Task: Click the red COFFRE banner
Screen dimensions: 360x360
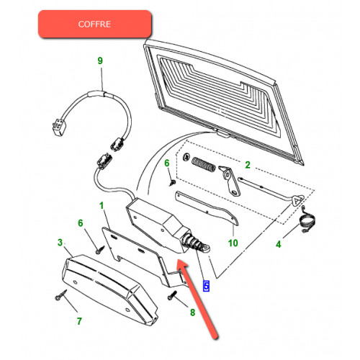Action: (x=95, y=24)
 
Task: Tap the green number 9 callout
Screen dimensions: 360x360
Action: (x=100, y=60)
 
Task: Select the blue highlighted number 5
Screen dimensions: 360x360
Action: (x=206, y=286)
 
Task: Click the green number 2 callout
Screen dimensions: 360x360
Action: (x=248, y=165)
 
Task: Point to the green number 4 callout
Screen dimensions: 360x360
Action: (x=279, y=244)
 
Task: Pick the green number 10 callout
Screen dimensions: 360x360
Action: (x=233, y=243)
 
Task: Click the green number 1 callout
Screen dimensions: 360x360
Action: (x=102, y=205)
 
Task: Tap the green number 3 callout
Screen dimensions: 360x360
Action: (x=60, y=243)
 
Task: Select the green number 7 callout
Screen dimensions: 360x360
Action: (x=79, y=321)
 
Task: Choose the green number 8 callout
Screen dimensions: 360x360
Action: (x=192, y=312)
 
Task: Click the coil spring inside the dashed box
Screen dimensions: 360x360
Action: (x=204, y=164)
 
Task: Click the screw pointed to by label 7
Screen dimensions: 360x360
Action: (x=60, y=295)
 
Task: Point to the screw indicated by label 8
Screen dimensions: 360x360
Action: (x=172, y=295)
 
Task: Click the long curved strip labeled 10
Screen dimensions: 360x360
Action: (x=207, y=208)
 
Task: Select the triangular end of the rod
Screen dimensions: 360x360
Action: (x=297, y=200)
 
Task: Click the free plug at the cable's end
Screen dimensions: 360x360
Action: (x=58, y=126)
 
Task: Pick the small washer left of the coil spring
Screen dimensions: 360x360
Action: (x=186, y=157)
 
